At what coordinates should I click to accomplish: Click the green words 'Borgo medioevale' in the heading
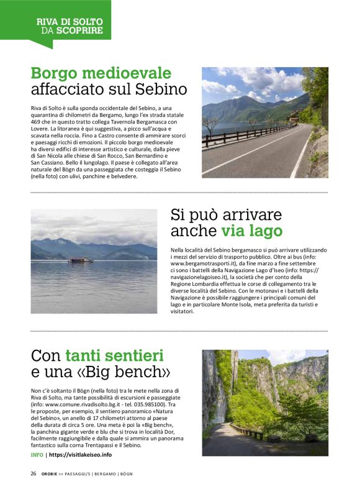click(101, 73)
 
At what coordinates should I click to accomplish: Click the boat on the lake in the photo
click(79, 260)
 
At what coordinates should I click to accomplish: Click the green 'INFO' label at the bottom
click(37, 455)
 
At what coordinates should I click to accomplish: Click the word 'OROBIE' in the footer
click(51, 473)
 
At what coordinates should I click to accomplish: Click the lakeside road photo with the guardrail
click(256, 122)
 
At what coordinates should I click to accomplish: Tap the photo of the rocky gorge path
click(264, 403)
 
